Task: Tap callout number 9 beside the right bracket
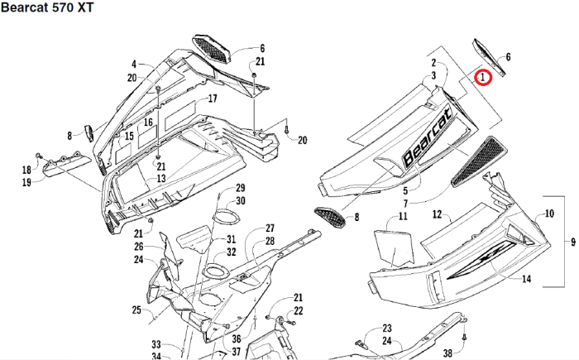tap(572, 242)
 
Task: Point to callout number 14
tap(527, 279)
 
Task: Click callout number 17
tap(213, 98)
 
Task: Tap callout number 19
tap(27, 181)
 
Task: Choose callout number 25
tap(136, 310)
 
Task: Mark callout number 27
tap(270, 228)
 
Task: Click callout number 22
tap(299, 310)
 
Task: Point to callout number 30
tap(241, 201)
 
